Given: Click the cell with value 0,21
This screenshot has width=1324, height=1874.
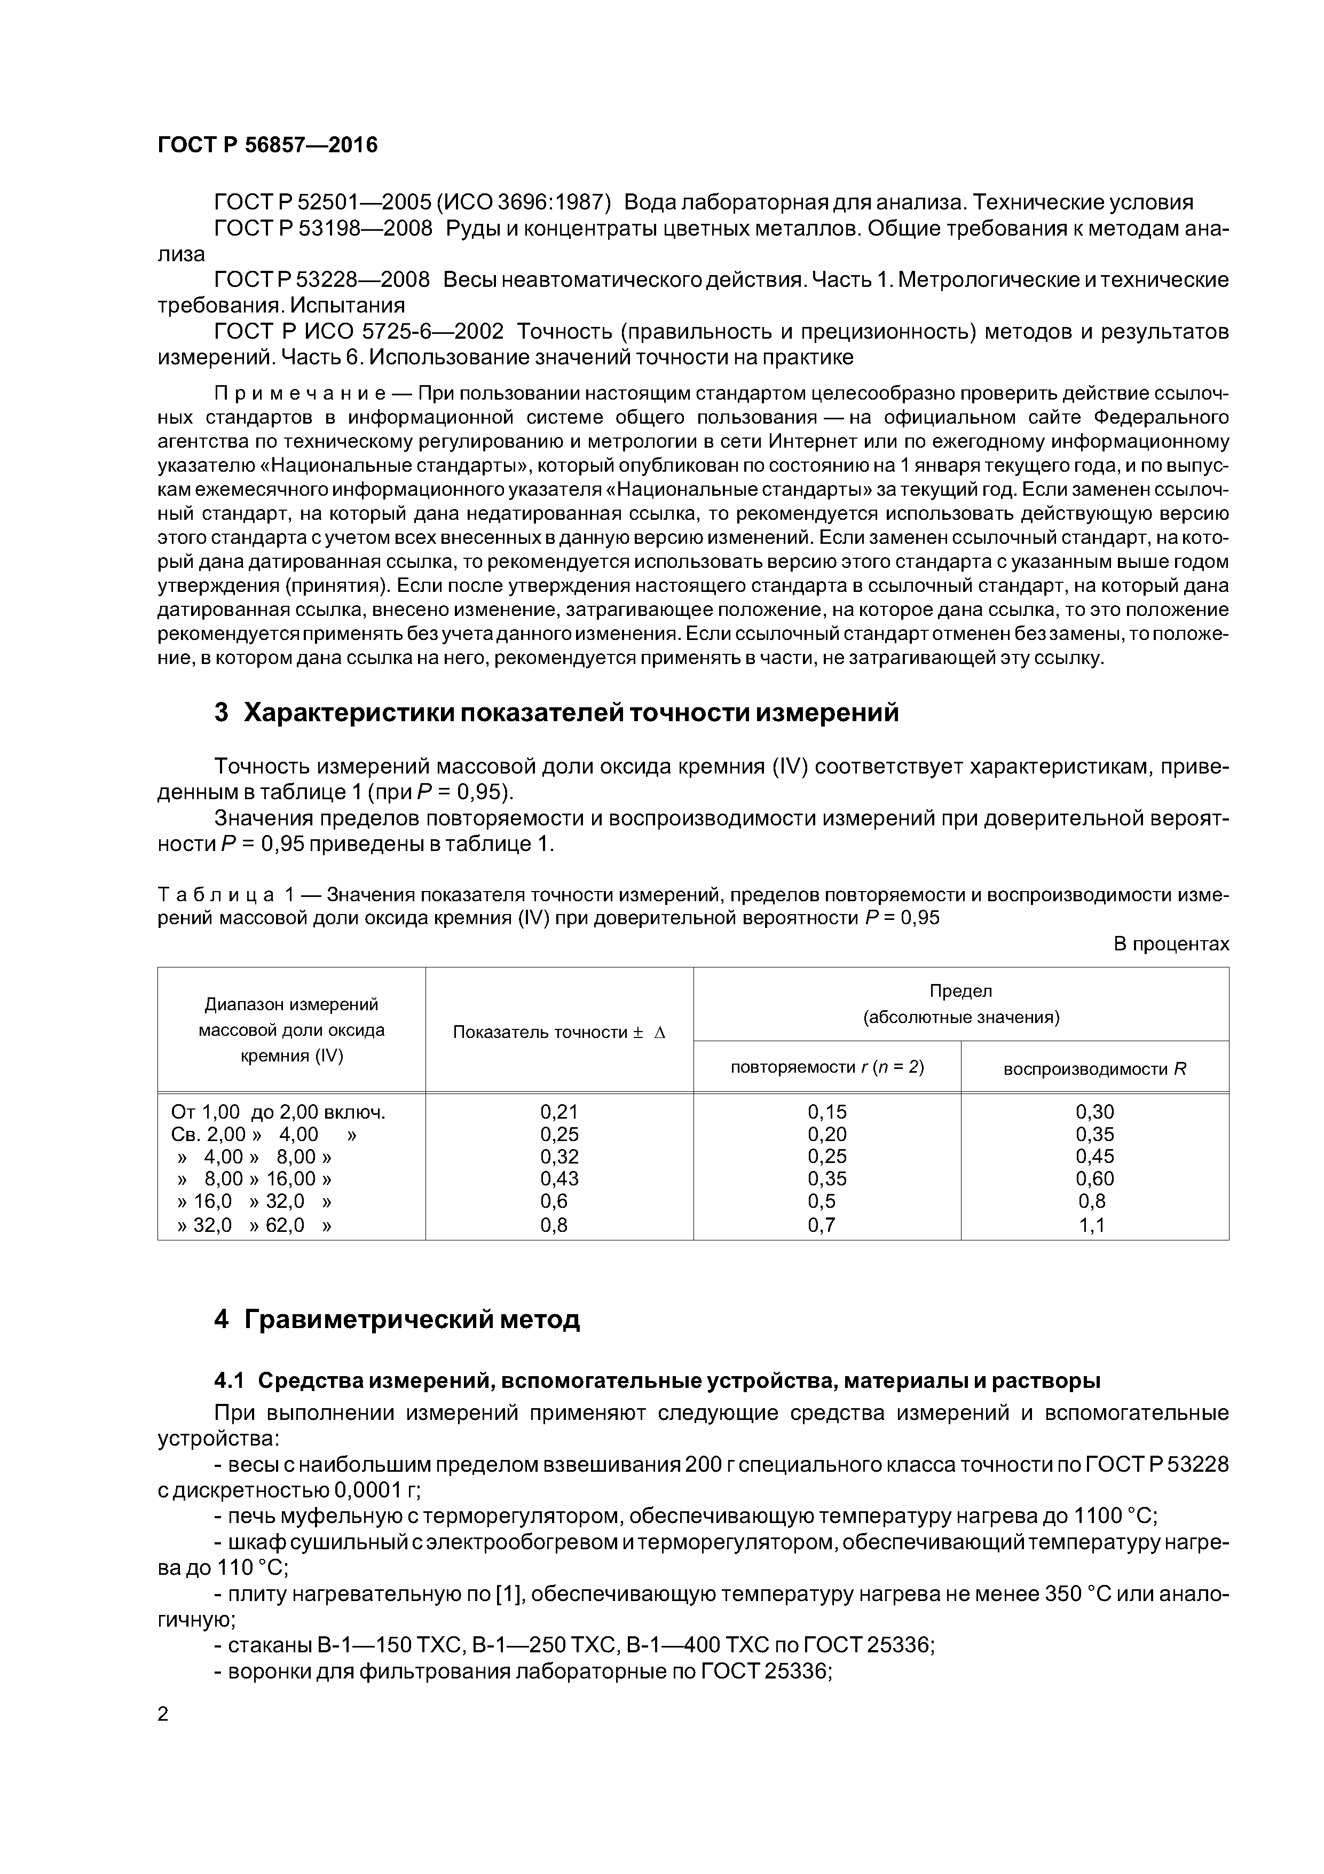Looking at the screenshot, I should coord(559,1112).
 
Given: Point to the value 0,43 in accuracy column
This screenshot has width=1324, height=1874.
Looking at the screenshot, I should coord(559,1178).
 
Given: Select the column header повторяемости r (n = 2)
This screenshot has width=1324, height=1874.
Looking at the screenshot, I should coord(826,1067).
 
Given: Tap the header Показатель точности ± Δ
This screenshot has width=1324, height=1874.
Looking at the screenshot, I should coord(559,1033).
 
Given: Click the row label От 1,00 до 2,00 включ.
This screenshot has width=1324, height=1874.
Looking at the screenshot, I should coord(278,1112).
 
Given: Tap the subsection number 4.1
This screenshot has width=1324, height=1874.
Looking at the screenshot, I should coord(228,1381).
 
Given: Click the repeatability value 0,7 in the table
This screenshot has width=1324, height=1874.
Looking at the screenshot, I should coord(826,1225).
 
